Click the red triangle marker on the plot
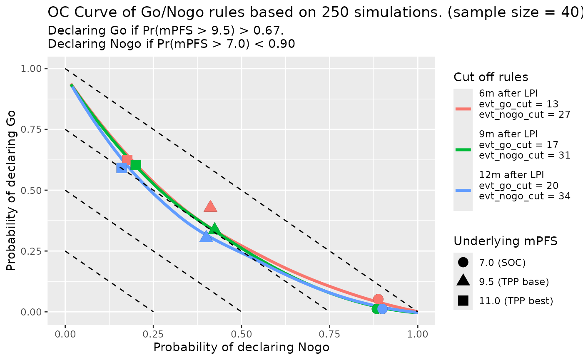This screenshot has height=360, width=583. [x=210, y=206]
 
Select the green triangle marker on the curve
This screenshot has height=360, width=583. [x=214, y=228]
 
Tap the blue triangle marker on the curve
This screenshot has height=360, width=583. [x=206, y=236]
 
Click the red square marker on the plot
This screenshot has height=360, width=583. [x=127, y=160]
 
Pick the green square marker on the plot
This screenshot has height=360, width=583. [x=135, y=165]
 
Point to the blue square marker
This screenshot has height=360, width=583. [x=122, y=168]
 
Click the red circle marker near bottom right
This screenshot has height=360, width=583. [x=378, y=299]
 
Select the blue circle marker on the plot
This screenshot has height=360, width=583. [x=382, y=309]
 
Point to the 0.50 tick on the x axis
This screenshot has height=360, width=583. [x=242, y=334]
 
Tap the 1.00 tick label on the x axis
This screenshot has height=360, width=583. [x=418, y=334]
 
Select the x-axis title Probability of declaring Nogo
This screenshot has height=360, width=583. [x=242, y=348]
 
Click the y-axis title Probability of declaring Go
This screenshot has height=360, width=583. [x=12, y=190]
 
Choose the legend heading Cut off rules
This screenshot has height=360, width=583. [x=491, y=77]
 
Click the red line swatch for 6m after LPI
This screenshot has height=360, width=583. [x=463, y=109]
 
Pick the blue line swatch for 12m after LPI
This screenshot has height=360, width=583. [x=463, y=190]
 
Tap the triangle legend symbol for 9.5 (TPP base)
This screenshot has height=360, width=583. [x=463, y=281]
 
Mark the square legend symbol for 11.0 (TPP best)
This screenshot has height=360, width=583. [x=463, y=300]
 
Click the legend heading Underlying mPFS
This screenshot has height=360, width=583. [x=506, y=241]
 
